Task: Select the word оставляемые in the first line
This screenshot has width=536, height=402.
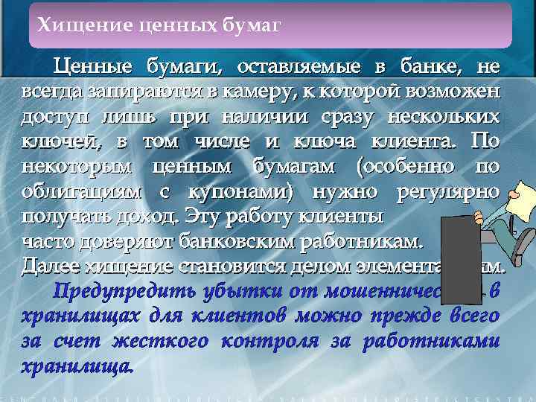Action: pyautogui.click(x=298, y=67)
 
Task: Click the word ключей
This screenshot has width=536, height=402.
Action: pyautogui.click(x=53, y=141)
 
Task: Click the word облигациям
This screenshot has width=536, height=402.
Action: pyautogui.click(x=83, y=191)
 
